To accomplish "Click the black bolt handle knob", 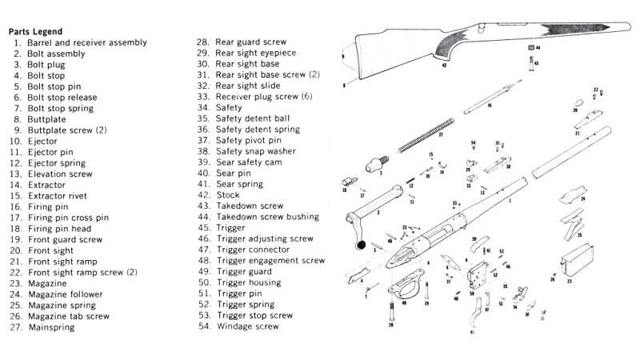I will click(361, 244).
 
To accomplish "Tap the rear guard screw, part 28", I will click(391, 309).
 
